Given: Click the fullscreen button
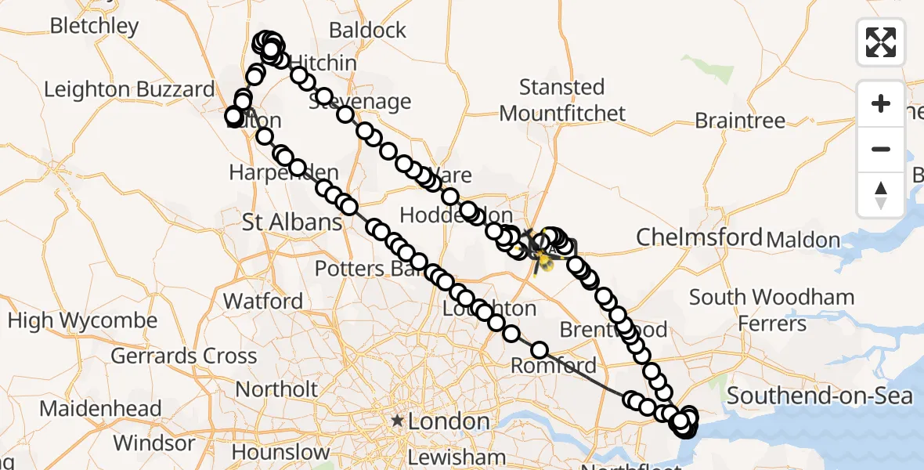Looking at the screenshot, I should point(881,42).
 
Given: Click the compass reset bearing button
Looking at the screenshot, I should point(881,194).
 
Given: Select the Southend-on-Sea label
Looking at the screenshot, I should point(819,396).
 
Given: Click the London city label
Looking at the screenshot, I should point(449,421).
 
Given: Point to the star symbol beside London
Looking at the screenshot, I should point(398,421).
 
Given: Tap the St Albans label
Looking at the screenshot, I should point(292,222).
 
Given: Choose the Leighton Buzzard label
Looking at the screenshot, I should point(129,89).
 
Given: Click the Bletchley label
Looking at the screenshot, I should point(94,26).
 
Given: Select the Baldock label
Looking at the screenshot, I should point(368,31).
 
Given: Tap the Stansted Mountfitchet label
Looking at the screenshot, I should point(562,99).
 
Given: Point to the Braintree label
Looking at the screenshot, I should point(740,121).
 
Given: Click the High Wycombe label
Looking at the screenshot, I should point(82,320).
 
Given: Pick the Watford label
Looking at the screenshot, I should point(263,301).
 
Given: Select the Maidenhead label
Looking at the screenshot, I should point(100,409).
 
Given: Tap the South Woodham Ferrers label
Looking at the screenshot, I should point(771,310).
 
